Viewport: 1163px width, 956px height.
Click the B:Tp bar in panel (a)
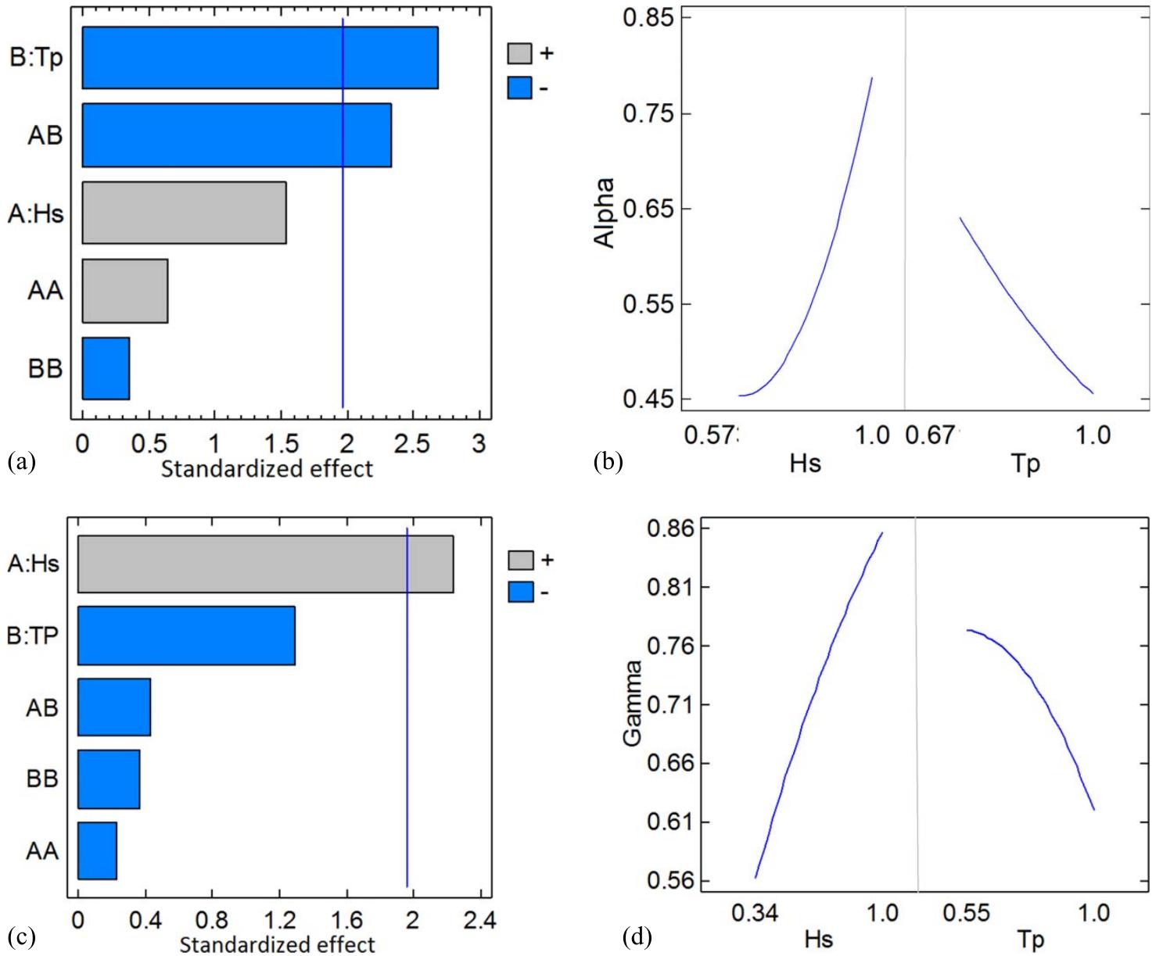[x=260, y=58]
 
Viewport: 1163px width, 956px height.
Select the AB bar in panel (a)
[x=236, y=135]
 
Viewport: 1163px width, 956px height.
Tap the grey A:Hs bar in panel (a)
[x=184, y=213]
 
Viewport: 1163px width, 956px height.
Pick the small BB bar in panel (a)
[x=106, y=368]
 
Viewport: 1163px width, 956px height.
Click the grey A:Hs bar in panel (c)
[x=265, y=564]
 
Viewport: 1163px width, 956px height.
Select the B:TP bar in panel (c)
[x=186, y=636]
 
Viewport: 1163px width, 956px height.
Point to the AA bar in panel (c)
[x=97, y=850]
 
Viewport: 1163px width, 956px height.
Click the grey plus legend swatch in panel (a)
[x=519, y=53]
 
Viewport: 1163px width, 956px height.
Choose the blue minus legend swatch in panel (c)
[x=520, y=592]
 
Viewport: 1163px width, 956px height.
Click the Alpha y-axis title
[x=605, y=213]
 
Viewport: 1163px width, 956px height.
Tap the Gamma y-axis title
[x=633, y=702]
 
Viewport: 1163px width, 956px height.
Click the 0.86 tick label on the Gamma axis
[x=671, y=529]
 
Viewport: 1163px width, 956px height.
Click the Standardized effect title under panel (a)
[x=267, y=469]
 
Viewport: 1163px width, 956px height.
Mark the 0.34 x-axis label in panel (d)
[x=755, y=913]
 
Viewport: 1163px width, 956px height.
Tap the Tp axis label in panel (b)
[x=1025, y=464]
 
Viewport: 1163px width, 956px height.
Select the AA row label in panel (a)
[x=45, y=291]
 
